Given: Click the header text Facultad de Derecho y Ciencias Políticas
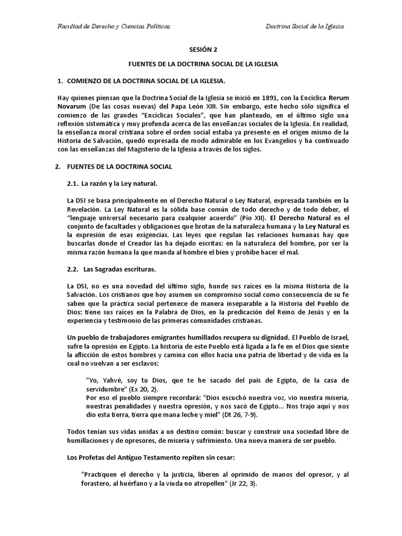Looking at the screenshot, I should pos(114,26).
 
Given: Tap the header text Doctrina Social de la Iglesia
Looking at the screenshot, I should pos(305,26).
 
